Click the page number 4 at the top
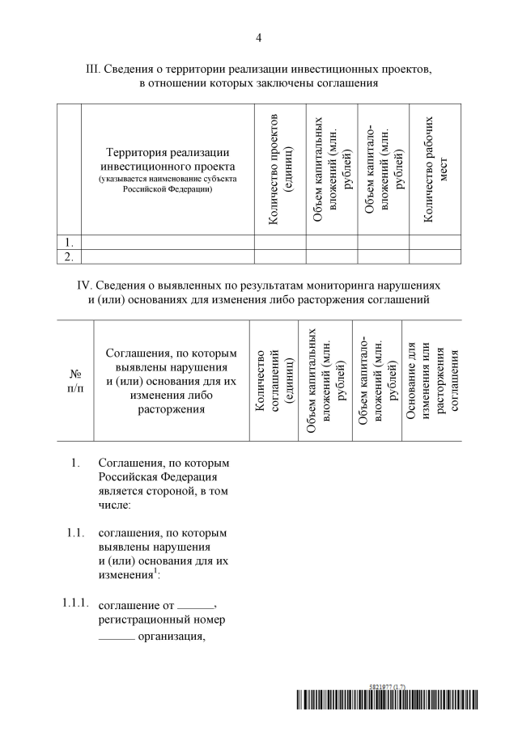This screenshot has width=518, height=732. click(x=258, y=37)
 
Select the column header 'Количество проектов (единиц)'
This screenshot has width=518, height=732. click(x=279, y=169)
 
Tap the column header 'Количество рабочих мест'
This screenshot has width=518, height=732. click(x=435, y=169)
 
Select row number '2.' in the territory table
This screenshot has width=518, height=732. click(x=70, y=256)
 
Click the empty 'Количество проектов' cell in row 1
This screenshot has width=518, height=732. click(x=279, y=242)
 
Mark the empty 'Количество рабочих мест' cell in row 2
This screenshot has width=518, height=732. click(x=435, y=256)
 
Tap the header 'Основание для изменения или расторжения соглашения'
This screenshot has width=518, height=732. click(x=435, y=381)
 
